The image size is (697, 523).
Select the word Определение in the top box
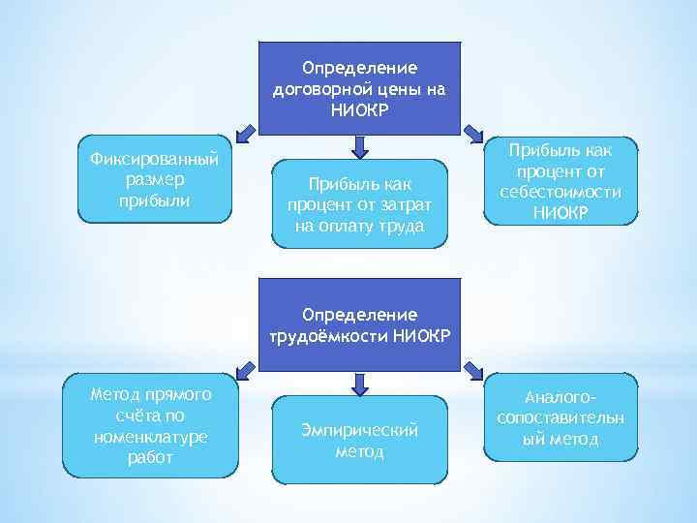pyautogui.click(x=359, y=69)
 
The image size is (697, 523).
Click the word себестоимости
pyautogui.click(x=562, y=192)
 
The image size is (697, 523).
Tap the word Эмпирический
pyautogui.click(x=360, y=430)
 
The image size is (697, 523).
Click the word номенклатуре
pyautogui.click(x=150, y=436)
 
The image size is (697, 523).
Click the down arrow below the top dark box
pyautogui.click(x=360, y=146)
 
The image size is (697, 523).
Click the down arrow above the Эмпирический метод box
pyautogui.click(x=360, y=385)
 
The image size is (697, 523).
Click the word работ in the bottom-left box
pyautogui.click(x=150, y=457)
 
